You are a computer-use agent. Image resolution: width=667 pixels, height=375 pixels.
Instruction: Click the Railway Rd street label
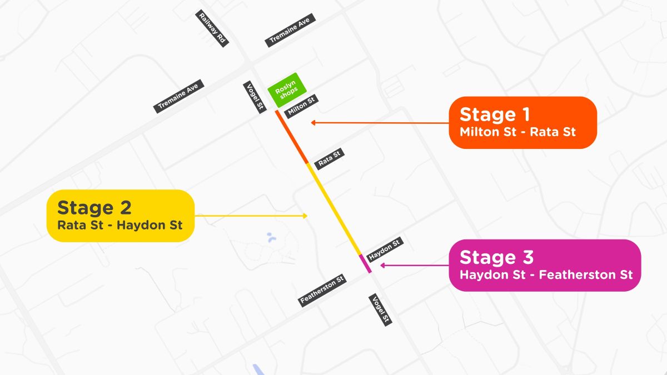[213, 28]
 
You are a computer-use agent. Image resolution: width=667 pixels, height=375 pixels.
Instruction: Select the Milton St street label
[301, 106]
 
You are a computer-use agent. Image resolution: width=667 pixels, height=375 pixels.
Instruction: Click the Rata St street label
[328, 158]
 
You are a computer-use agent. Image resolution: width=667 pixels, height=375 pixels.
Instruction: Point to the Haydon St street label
[384, 249]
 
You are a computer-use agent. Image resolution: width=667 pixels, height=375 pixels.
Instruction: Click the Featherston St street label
[322, 289]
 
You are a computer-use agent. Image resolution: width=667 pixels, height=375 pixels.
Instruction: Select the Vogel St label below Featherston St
[380, 309]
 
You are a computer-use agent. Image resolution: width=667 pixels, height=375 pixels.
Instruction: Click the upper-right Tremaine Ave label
[290, 30]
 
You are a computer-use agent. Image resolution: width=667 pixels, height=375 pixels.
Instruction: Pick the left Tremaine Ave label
[179, 96]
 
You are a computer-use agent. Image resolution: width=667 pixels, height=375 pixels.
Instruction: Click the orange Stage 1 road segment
[292, 137]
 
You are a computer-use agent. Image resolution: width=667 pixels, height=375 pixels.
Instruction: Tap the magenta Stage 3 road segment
[365, 263]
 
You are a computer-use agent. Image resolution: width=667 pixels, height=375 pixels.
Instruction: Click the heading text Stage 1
[495, 114]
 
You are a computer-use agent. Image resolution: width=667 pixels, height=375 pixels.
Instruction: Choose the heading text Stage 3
[496, 257]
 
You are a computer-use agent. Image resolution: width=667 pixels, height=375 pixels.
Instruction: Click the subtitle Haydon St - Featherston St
[546, 275]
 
